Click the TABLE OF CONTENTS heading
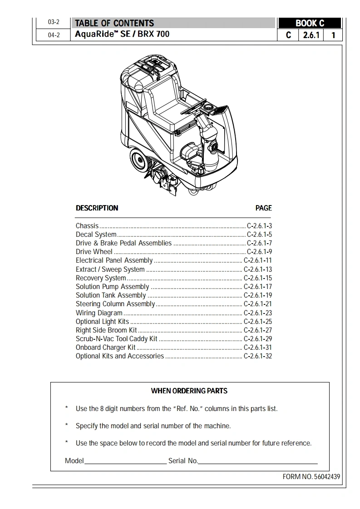[114, 23]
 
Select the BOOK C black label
[310, 24]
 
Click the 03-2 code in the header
[54, 22]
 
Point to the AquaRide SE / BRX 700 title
[122, 34]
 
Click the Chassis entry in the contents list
[87, 226]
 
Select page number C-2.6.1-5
[259, 235]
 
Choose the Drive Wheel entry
[94, 252]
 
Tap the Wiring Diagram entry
[99, 313]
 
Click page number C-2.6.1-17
[258, 287]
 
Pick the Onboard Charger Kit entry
[106, 347]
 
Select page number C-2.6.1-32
[258, 356]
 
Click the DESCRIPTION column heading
[97, 208]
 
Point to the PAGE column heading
[263, 208]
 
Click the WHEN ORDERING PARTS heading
[189, 391]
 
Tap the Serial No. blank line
[257, 461]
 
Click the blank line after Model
[125, 461]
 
